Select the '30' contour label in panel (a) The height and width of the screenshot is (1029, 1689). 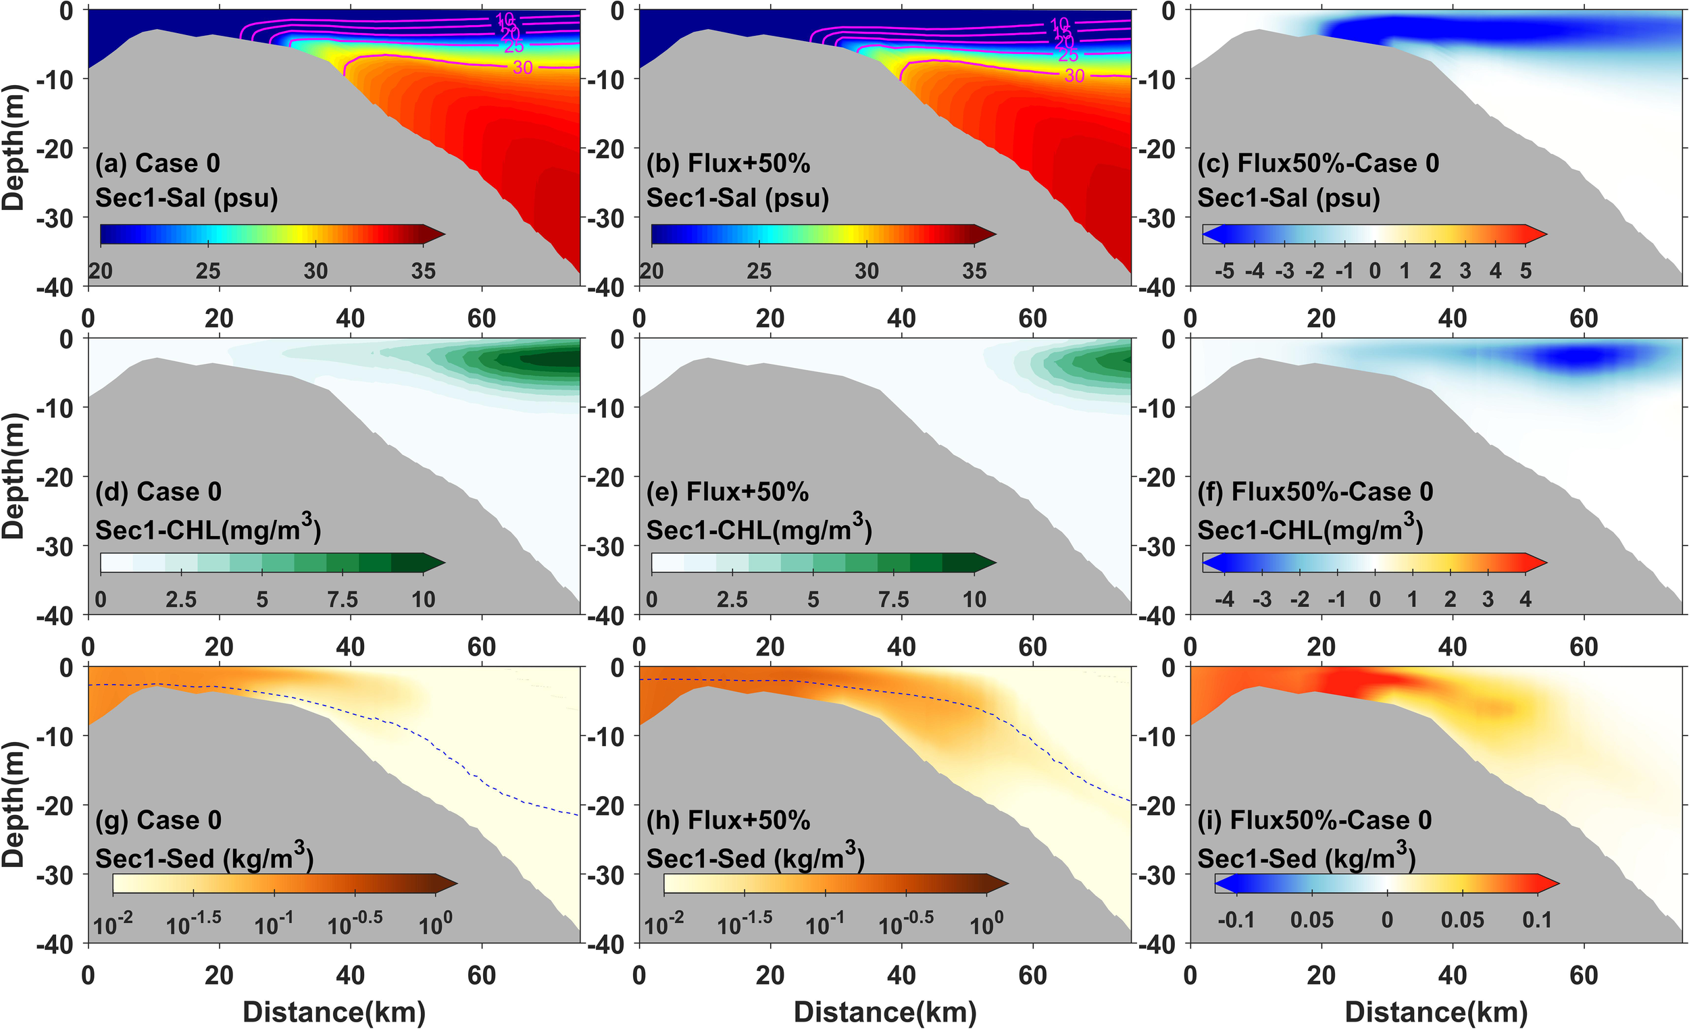pyautogui.click(x=522, y=67)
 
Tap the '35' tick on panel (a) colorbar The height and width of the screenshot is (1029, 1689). pyautogui.click(x=424, y=271)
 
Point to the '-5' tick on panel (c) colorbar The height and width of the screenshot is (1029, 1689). pyautogui.click(x=1224, y=271)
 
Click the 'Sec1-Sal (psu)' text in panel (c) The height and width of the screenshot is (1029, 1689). pyautogui.click(x=1288, y=198)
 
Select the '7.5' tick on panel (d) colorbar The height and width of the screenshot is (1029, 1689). pyautogui.click(x=342, y=600)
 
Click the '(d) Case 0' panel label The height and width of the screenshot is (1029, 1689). pyautogui.click(x=158, y=492)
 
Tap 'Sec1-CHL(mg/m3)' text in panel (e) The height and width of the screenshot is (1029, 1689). pyautogui.click(x=759, y=529)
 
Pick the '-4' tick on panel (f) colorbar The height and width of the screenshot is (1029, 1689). pyautogui.click(x=1224, y=600)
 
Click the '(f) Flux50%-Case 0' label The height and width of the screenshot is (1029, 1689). pyautogui.click(x=1315, y=492)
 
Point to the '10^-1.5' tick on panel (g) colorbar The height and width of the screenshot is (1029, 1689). pyautogui.click(x=193, y=924)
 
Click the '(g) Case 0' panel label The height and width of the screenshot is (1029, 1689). pyautogui.click(x=158, y=820)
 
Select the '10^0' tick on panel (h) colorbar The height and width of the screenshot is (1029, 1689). pyautogui.click(x=986, y=924)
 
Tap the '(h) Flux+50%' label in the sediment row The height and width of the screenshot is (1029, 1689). pyautogui.click(x=728, y=820)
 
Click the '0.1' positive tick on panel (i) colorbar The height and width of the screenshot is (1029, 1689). pyautogui.click(x=1537, y=920)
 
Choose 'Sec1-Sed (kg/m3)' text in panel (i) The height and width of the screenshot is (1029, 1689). pyautogui.click(x=1307, y=857)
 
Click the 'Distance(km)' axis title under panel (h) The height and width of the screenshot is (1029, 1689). pyautogui.click(x=885, y=1012)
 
